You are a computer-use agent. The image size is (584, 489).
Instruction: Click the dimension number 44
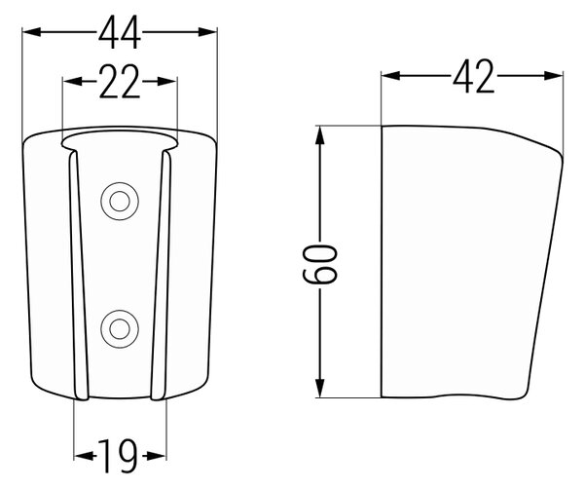(120, 33)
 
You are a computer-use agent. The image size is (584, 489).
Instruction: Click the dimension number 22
(120, 82)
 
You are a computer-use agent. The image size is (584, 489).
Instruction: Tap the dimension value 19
(118, 456)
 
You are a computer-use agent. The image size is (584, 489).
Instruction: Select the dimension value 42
(474, 76)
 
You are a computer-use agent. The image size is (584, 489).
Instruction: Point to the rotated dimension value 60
(319, 264)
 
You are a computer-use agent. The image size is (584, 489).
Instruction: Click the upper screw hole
(120, 202)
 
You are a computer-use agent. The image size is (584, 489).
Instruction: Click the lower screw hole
(120, 329)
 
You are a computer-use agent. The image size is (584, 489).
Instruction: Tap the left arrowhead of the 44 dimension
(31, 32)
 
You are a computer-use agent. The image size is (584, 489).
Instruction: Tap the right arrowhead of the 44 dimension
(207, 32)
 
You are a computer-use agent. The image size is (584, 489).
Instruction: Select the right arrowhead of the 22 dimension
(166, 81)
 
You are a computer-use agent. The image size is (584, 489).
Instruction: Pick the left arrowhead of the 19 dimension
(83, 456)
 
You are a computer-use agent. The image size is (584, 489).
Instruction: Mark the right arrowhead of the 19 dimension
(157, 456)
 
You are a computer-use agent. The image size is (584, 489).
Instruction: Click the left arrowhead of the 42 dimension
(390, 76)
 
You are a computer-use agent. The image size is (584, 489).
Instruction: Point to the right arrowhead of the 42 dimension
(554, 76)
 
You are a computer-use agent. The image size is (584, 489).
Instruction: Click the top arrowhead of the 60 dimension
(319, 135)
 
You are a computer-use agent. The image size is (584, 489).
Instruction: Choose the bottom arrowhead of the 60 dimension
(319, 388)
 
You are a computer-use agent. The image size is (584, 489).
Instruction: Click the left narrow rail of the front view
(78, 276)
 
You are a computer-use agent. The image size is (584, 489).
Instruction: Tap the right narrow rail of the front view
(162, 276)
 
